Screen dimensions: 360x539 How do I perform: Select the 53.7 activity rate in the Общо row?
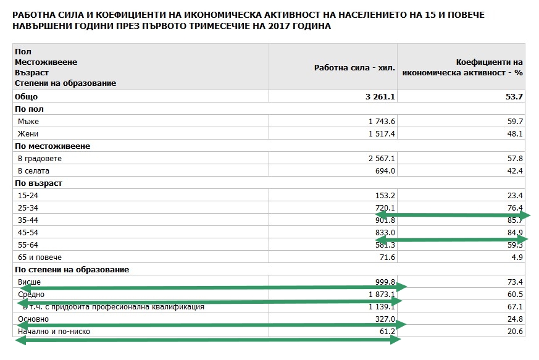tap(515, 97)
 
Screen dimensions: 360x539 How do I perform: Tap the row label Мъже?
tap(28, 122)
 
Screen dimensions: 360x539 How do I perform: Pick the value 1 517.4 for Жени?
tap(382, 134)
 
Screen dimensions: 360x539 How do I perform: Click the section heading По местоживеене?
tap(52, 146)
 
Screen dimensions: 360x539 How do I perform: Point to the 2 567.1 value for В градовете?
tap(382, 159)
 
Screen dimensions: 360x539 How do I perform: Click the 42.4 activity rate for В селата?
tap(515, 171)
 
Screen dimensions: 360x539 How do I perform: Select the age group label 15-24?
tap(28, 196)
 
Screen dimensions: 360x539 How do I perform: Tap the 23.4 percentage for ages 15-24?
tap(515, 196)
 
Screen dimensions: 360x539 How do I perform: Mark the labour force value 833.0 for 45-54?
tap(385, 233)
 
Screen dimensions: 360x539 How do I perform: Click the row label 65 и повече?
tap(40, 257)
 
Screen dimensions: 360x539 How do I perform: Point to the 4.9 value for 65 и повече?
tap(517, 257)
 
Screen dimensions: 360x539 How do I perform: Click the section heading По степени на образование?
tap(72, 270)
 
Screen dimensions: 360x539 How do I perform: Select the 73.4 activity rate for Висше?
tap(515, 282)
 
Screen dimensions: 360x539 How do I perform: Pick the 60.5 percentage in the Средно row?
tap(515, 295)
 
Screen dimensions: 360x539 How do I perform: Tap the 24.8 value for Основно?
tap(515, 319)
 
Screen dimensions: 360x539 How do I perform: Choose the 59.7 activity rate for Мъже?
tap(515, 122)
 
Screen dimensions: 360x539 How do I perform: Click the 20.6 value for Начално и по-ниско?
tap(515, 332)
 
